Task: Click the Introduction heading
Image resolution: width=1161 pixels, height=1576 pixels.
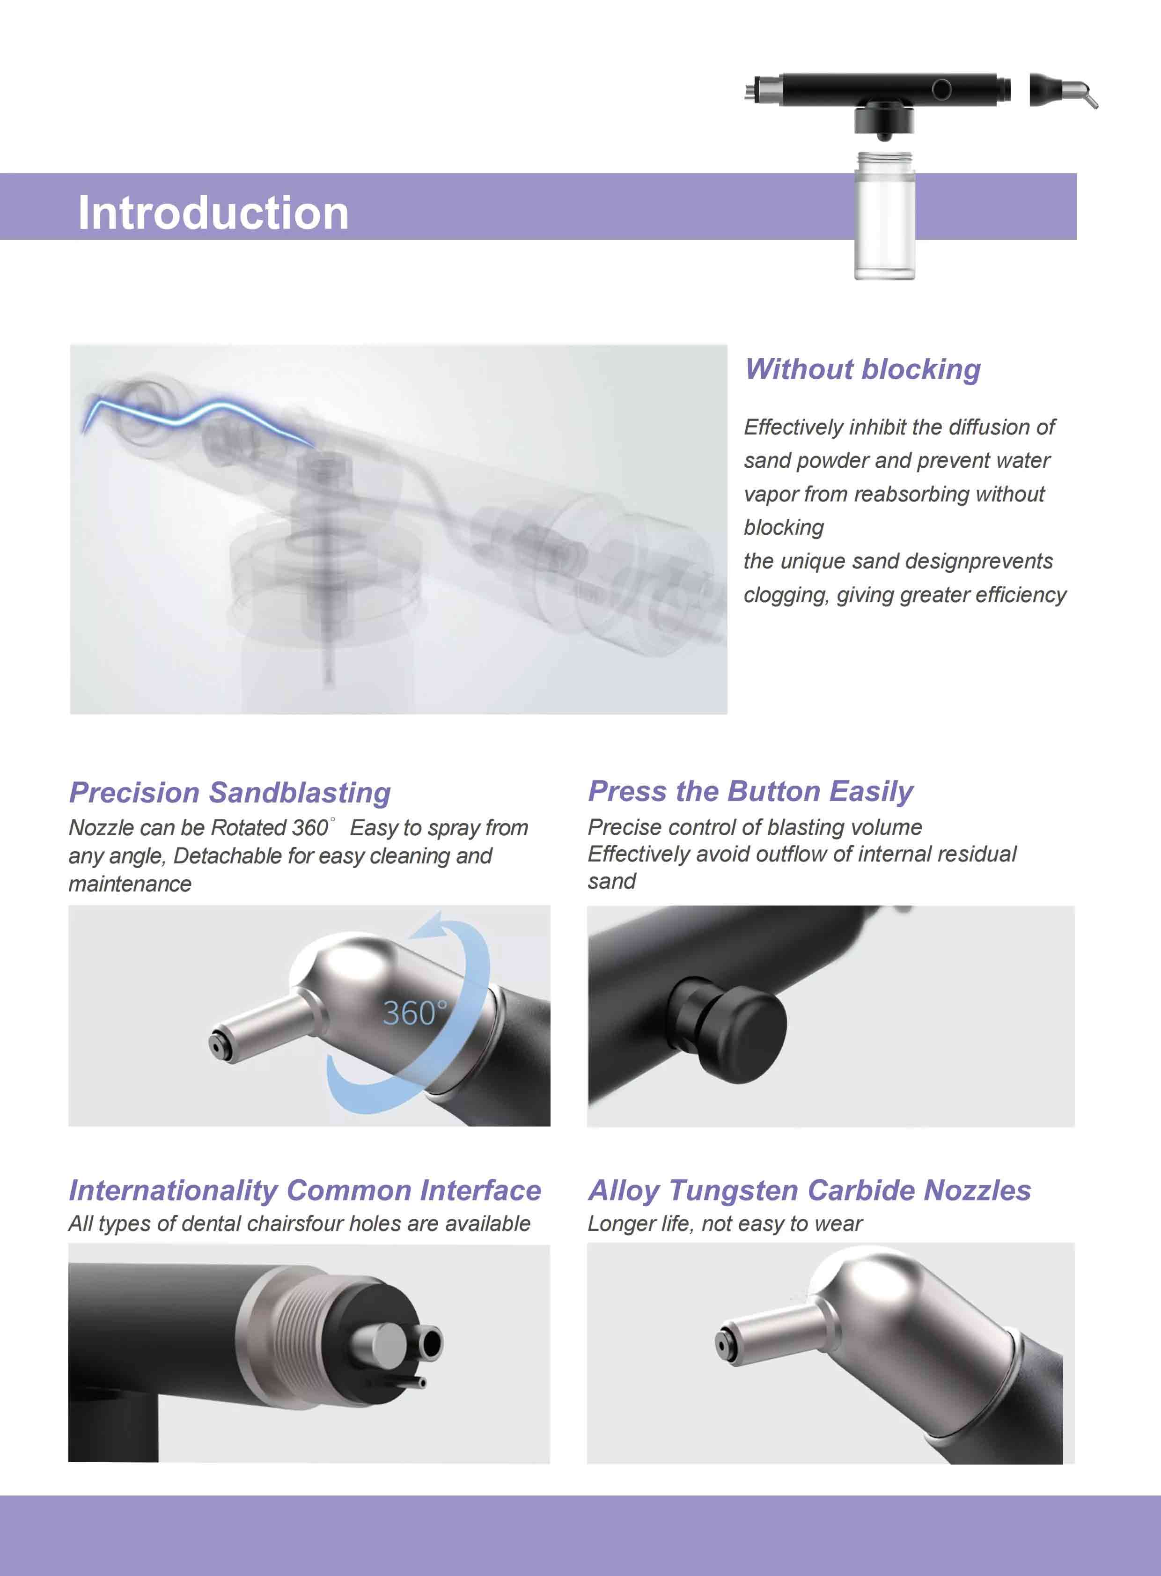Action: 213,212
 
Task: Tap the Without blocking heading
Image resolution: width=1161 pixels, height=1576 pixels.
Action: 862,369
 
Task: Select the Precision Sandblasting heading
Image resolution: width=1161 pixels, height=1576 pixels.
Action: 230,792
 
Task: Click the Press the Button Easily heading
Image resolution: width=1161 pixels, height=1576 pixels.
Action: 750,791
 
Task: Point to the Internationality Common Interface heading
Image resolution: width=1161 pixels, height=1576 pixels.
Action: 304,1190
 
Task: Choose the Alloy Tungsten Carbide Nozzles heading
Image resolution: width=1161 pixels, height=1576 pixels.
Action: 809,1190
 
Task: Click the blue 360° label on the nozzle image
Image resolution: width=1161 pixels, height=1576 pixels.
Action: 415,1013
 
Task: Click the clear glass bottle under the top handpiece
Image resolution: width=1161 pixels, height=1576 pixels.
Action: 884,218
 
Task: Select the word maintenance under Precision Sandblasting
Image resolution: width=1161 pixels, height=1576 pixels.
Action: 130,884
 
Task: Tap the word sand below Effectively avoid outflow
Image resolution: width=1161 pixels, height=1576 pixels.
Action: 611,881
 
